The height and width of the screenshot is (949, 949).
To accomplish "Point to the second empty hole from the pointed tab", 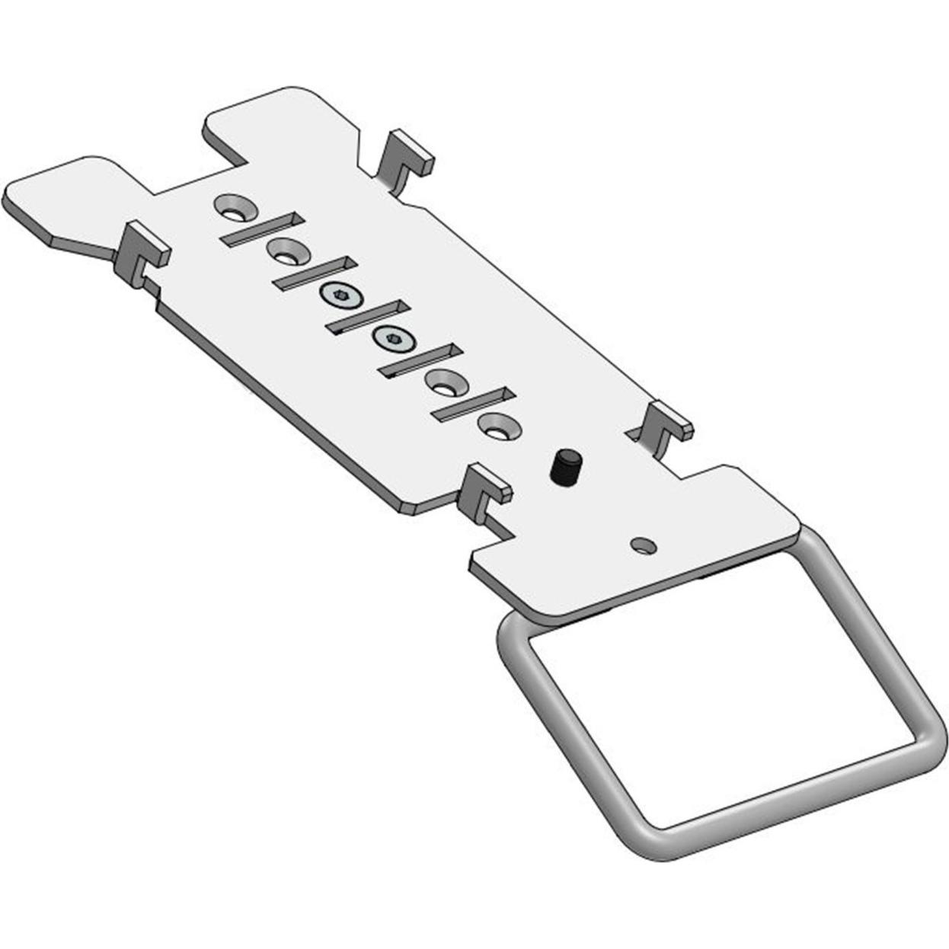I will pyautogui.click(x=283, y=250).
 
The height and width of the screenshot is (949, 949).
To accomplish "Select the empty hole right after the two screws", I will pyautogui.click(x=443, y=381).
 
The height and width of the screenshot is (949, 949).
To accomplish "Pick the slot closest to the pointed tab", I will pyautogui.click(x=263, y=228).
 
